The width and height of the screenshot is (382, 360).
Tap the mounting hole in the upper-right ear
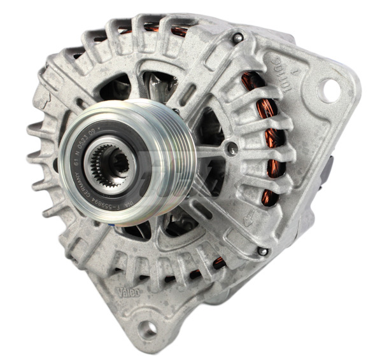[330, 90]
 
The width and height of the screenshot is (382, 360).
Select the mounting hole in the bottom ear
[148, 328]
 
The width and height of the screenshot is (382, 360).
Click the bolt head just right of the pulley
[233, 150]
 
